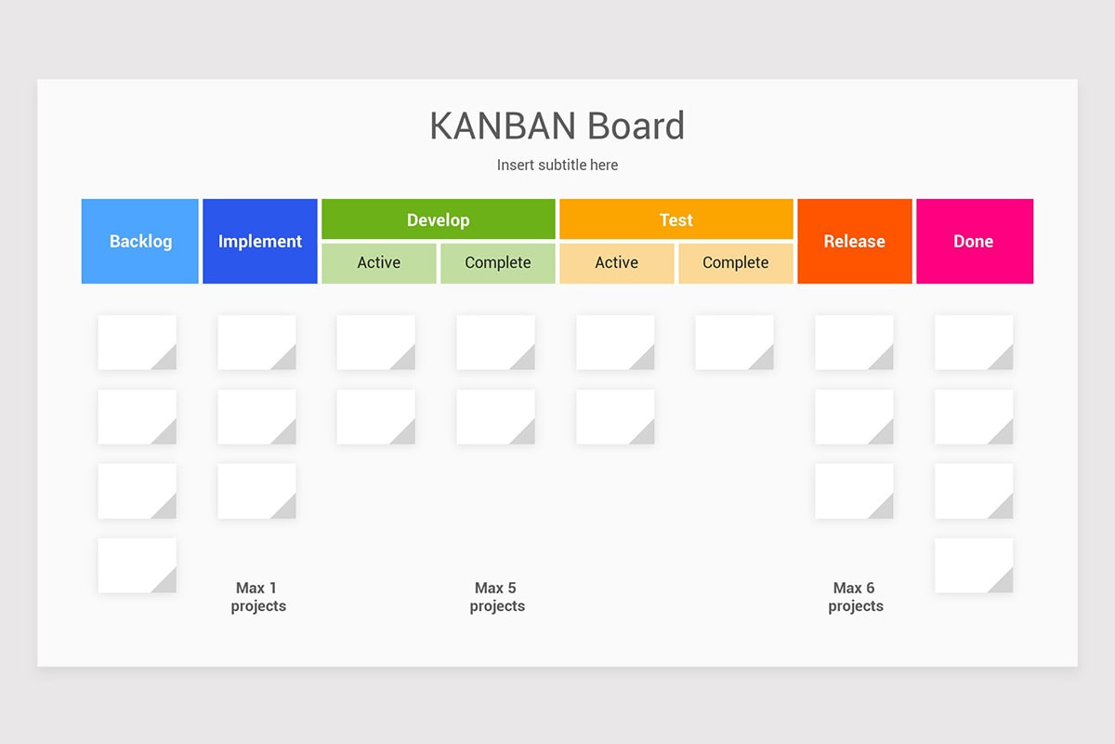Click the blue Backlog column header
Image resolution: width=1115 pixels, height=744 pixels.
tap(140, 241)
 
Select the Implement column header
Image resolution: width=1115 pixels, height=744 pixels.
tap(260, 241)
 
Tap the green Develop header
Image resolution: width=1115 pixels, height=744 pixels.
tap(438, 219)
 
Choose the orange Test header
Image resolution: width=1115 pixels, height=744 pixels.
tap(676, 219)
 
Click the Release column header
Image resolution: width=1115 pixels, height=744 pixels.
tap(854, 241)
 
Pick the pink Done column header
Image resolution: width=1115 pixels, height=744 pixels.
tap(974, 241)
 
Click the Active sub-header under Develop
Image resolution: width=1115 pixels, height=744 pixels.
tap(378, 263)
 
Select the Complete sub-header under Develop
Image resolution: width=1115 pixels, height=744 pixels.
tap(497, 263)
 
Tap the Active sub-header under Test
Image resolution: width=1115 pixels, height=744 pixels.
tap(616, 263)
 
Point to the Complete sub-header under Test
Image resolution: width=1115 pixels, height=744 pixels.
tap(735, 263)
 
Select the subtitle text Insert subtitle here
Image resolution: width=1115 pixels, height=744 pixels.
tap(557, 165)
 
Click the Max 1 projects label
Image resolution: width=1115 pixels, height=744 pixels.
tap(258, 597)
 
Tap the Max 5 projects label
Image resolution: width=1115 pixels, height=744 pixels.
tap(497, 597)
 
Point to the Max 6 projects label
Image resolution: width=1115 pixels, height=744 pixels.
tap(855, 597)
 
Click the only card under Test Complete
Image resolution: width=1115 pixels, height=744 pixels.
tap(734, 342)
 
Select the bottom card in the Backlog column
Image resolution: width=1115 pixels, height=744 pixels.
tap(137, 565)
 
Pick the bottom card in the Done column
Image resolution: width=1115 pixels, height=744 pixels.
tap(973, 565)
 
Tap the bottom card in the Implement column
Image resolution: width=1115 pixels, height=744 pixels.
tap(256, 491)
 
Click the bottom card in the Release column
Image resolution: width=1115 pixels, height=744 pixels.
tap(854, 491)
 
